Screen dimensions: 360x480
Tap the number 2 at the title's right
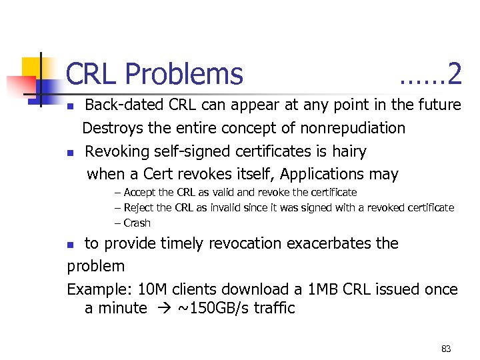455,75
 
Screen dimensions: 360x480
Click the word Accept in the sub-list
139,193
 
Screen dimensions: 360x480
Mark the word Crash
137,223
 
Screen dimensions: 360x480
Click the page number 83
446,349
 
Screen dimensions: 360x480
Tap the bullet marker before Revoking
71,153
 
